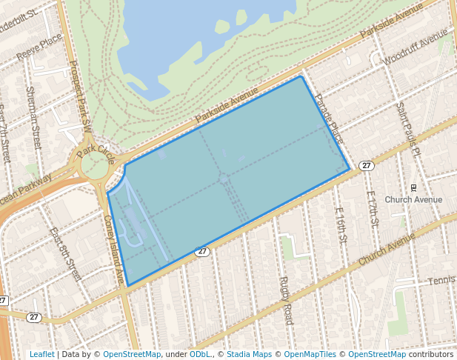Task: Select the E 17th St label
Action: coord(373,208)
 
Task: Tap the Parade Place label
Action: coord(329,119)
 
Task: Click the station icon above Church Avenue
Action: coord(413,187)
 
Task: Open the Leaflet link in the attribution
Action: coord(42,355)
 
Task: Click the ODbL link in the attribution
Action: coord(200,355)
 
